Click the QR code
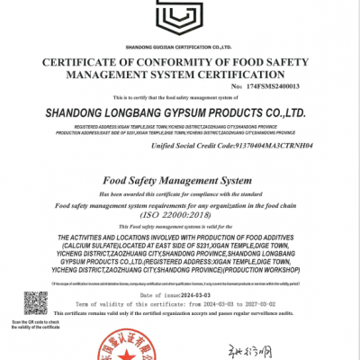point(35,302)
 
